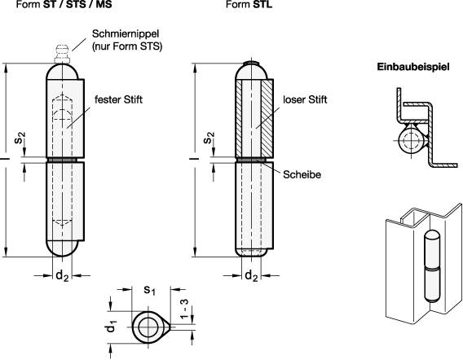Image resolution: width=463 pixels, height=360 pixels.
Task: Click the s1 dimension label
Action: coord(149,290)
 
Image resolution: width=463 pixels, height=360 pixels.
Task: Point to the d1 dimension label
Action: coord(114,329)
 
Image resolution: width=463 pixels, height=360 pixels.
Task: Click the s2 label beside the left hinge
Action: coord(24,130)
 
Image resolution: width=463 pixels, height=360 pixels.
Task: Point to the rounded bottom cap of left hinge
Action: coord(61,248)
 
